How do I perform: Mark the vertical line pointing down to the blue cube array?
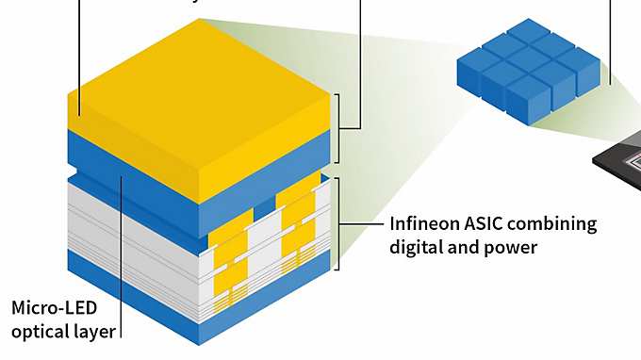[611, 38]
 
